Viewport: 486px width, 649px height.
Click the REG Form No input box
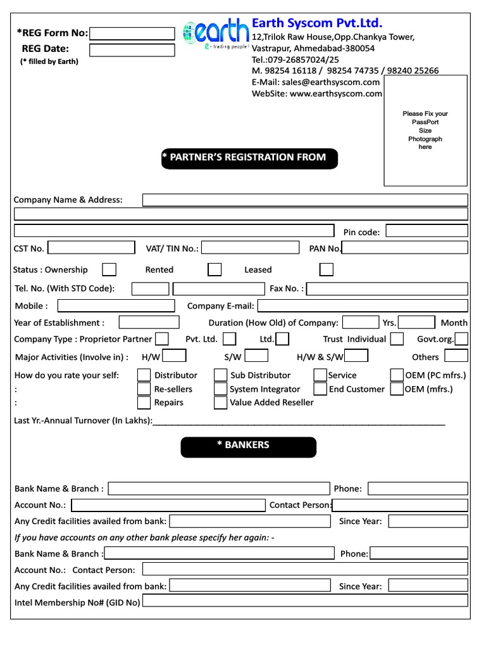(132, 34)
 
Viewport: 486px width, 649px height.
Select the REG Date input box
(132, 50)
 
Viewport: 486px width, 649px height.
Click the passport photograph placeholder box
(425, 130)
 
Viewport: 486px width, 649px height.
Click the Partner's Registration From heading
(249, 158)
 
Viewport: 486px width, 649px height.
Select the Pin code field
(427, 231)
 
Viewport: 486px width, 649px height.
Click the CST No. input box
(91, 248)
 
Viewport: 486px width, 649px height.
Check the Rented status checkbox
(215, 269)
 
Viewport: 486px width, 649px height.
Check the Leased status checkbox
(326, 269)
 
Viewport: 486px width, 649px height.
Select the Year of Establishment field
(149, 322)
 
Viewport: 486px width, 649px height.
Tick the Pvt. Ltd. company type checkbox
(230, 339)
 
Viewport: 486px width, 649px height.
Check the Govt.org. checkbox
(461, 339)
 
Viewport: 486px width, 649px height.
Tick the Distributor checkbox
(144, 375)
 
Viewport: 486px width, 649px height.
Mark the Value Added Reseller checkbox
(220, 402)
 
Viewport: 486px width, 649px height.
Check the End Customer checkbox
(320, 389)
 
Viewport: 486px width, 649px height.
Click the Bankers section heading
(248, 446)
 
